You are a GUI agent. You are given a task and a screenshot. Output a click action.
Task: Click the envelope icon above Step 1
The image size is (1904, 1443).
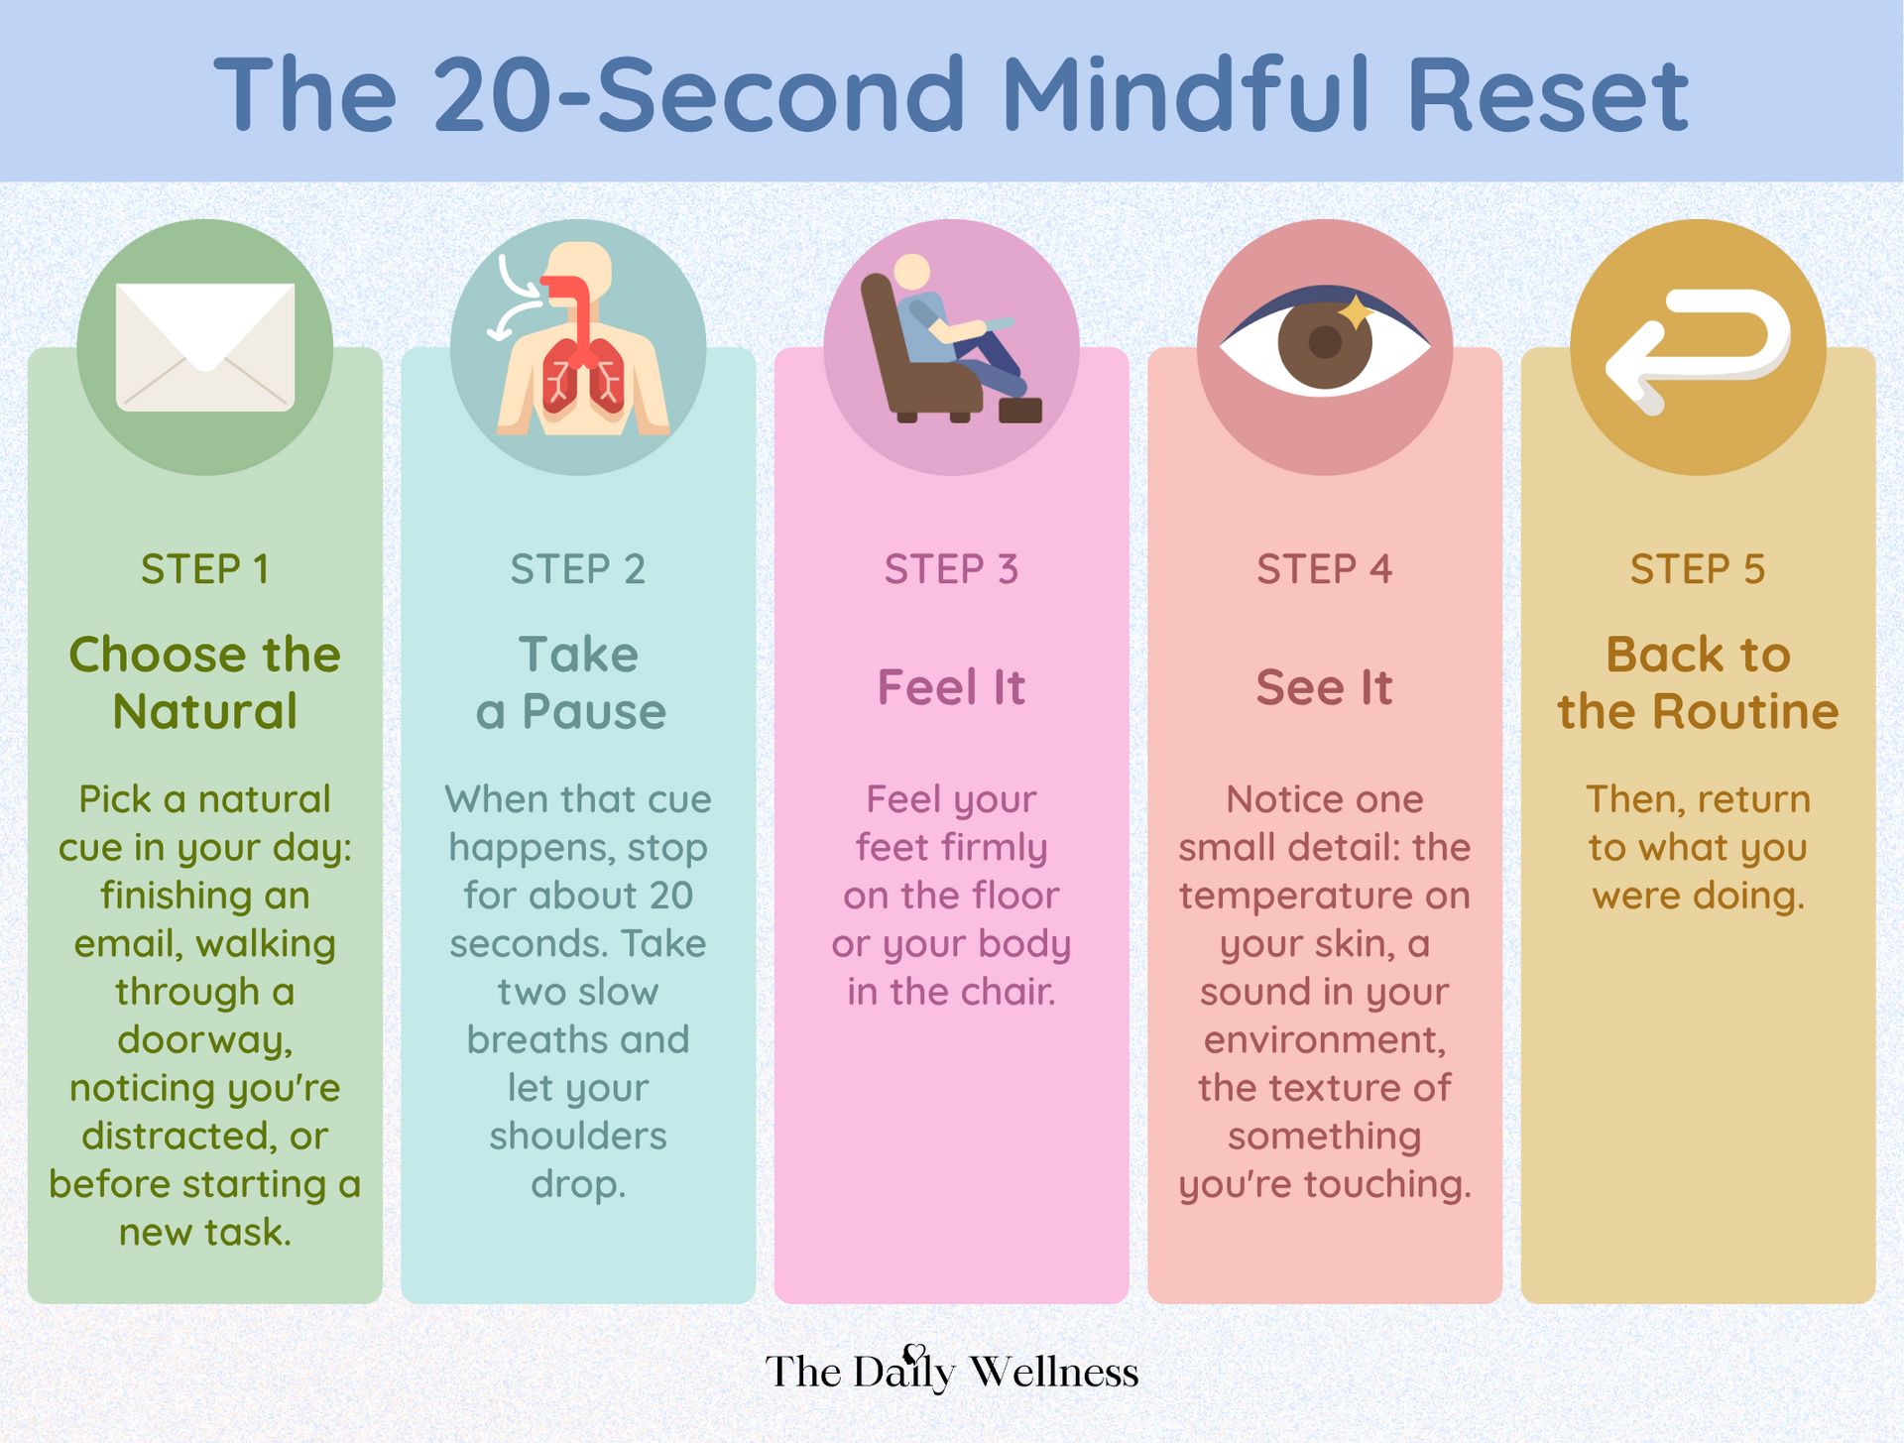205,347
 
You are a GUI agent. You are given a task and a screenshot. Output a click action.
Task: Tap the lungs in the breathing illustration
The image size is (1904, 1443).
580,377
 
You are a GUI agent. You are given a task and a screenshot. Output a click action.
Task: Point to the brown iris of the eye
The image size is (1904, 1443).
1325,343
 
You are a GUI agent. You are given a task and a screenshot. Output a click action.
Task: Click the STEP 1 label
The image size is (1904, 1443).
205,569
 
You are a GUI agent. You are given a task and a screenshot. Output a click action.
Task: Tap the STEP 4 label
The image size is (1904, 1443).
1324,569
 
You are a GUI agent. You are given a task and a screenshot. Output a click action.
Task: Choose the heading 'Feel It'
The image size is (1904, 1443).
951,687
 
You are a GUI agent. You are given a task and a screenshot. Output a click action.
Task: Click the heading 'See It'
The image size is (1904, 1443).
1324,687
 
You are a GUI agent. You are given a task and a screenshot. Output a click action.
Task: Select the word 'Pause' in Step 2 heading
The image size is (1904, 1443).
594,712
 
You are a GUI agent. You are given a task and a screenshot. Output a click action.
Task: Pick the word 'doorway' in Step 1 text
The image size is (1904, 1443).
203,1039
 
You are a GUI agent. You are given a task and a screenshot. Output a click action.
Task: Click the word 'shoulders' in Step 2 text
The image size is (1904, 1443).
578,1136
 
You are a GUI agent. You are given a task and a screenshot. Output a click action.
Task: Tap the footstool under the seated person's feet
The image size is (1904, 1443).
1019,409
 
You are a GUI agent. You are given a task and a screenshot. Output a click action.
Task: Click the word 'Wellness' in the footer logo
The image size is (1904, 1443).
1053,1372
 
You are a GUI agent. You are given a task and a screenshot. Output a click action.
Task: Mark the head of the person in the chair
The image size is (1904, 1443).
911,272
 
